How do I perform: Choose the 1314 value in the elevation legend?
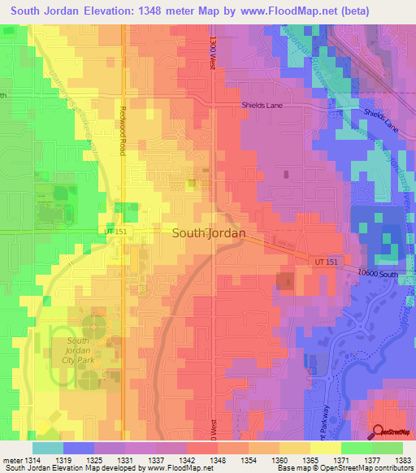[32, 460]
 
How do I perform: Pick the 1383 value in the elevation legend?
[402, 460]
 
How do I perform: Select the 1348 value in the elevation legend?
[218, 460]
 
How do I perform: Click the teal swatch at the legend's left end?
[48, 448]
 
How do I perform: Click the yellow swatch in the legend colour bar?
[326, 448]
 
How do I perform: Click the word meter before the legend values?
[11, 460]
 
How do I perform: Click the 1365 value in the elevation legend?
[310, 460]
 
